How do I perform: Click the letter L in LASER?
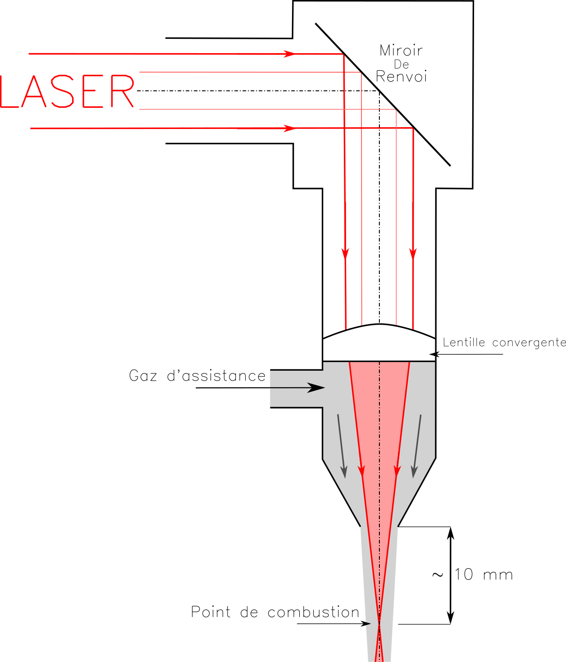[x=8, y=92]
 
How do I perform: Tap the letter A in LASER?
[x=34, y=92]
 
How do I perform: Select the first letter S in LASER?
[x=63, y=92]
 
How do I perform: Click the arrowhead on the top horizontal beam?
[x=289, y=54]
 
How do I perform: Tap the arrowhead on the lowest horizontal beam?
[x=289, y=129]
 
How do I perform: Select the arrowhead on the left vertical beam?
[x=345, y=253]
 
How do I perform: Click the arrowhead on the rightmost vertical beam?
[x=413, y=253]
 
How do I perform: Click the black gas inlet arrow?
[x=315, y=388]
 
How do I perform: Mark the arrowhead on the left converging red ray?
[x=361, y=470]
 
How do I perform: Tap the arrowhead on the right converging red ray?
[x=397, y=470]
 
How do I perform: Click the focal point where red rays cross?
[x=379, y=624]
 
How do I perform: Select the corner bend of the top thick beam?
[x=343, y=55]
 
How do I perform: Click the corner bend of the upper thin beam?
[x=361, y=73]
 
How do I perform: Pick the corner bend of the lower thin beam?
[x=396, y=110]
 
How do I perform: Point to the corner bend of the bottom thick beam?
[x=413, y=129]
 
